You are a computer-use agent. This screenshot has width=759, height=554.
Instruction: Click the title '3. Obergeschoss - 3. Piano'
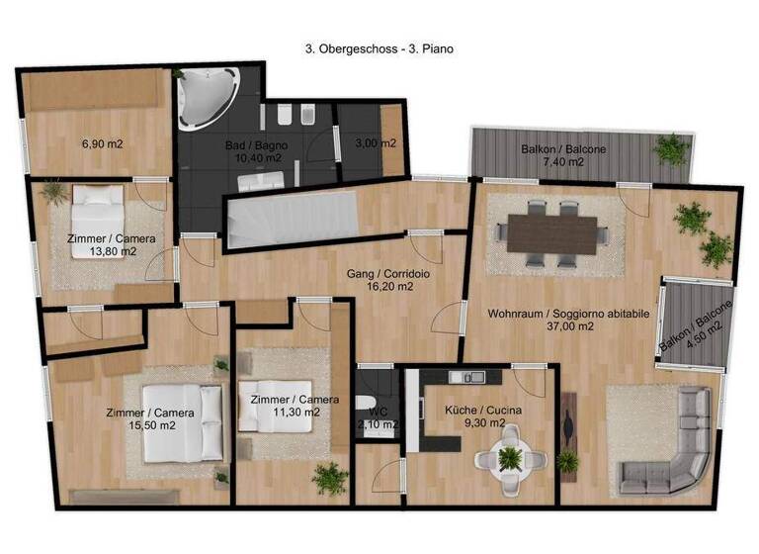pos(379,46)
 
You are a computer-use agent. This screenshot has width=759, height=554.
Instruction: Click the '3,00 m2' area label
pos(376,142)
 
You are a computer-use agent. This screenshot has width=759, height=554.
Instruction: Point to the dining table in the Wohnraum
pos(553,233)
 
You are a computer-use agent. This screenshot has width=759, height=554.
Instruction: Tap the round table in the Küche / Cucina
pos(510,457)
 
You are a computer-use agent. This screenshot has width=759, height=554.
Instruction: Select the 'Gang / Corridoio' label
pos(379,272)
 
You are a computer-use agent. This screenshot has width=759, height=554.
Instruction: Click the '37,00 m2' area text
pos(567,326)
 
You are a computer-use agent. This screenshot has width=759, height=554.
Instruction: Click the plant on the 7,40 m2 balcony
pos(672,149)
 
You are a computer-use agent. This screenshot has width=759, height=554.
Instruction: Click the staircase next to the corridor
pos(291,220)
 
